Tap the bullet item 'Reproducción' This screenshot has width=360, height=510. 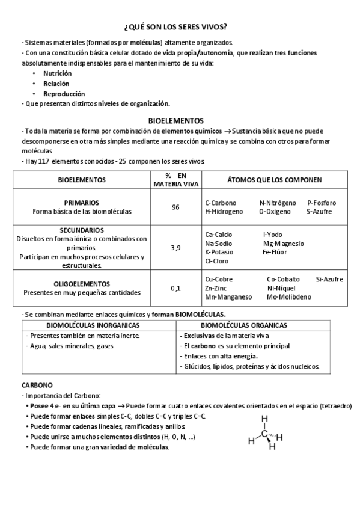pos(64,94)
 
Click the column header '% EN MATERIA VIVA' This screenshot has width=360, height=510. pos(175,179)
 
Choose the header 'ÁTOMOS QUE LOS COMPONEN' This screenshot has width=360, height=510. pos(274,179)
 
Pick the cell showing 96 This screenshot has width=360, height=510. pos(175,207)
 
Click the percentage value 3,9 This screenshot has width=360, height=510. pos(175,247)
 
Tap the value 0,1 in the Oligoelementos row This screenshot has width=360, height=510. pos(175,288)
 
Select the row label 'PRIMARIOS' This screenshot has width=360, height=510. pos(81,203)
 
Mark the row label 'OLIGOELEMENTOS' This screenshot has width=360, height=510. pos(81,284)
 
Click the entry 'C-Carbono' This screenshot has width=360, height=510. pos(221,203)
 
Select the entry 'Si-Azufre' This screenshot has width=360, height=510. pos(329,279)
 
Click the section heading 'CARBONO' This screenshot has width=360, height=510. pos(37,384)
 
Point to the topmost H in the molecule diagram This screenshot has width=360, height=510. pos(264,419)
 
